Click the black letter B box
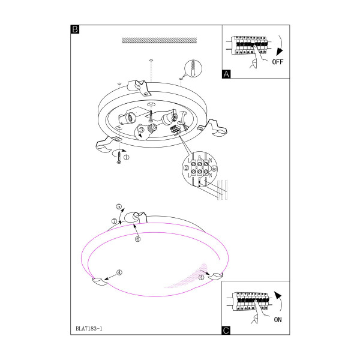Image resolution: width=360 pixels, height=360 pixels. pyautogui.click(x=75, y=29)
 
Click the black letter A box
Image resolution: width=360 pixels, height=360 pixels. pyautogui.click(x=226, y=74)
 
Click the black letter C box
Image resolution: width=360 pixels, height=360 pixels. pyautogui.click(x=226, y=331)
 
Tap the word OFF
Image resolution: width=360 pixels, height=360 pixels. pyautogui.click(x=278, y=62)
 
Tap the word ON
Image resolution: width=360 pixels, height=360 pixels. pyautogui.click(x=278, y=320)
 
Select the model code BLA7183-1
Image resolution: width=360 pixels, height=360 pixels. pyautogui.click(x=89, y=329)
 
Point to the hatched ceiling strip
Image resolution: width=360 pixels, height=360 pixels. pyautogui.click(x=159, y=40)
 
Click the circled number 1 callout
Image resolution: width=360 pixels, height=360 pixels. pyautogui.click(x=126, y=157)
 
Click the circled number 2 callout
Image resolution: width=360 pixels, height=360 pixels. pyautogui.click(x=186, y=168)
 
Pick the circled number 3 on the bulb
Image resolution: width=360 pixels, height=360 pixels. pyautogui.click(x=142, y=130)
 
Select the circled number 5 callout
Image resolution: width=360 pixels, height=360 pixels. pyautogui.click(x=118, y=206)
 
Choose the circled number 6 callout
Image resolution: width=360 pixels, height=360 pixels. pyautogui.click(x=137, y=239)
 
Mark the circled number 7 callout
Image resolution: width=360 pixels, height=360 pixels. pyautogui.click(x=115, y=221)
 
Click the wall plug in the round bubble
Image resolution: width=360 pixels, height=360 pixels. pyautogui.click(x=193, y=68)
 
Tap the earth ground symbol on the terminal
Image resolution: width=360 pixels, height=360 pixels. pyautogui.click(x=214, y=169)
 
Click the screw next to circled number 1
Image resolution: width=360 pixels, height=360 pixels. pyautogui.click(x=119, y=157)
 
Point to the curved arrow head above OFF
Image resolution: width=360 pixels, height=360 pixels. pyautogui.click(x=279, y=52)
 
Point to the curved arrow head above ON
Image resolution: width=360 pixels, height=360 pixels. pyautogui.click(x=278, y=295)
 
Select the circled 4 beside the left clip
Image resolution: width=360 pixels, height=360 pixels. pyautogui.click(x=119, y=272)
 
